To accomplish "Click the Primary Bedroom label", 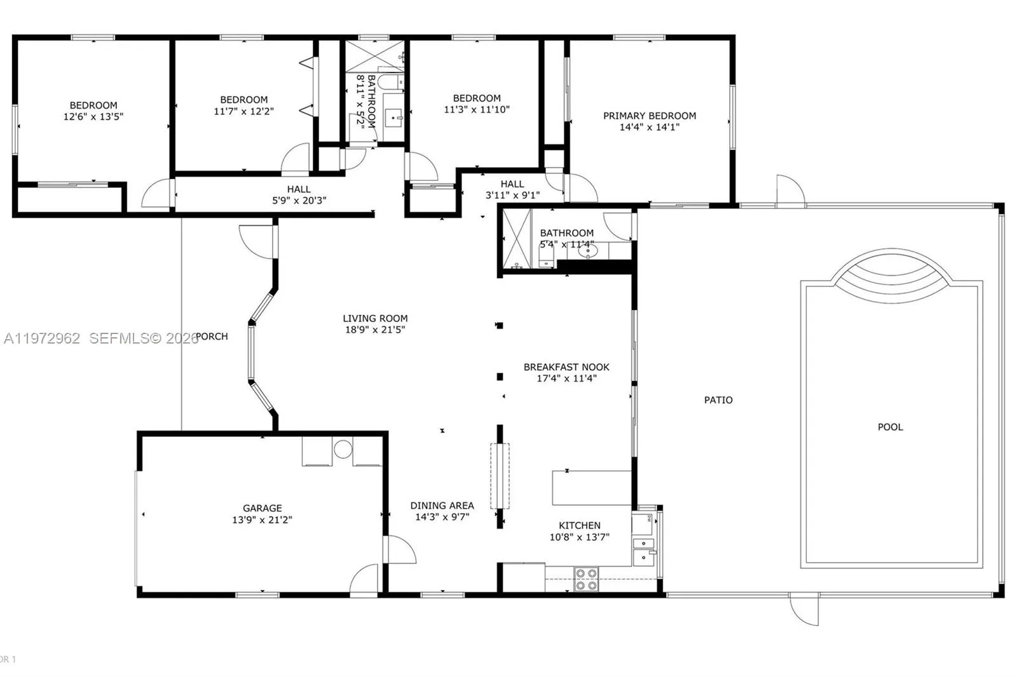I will [x=649, y=116].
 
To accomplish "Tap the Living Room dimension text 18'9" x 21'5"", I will [x=375, y=330].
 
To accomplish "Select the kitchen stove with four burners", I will [x=586, y=579].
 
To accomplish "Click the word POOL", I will [x=890, y=427].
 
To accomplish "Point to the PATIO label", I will [x=718, y=400].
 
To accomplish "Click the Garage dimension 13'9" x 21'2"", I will [x=262, y=519].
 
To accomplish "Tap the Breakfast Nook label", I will [x=566, y=367].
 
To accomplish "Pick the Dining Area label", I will [x=442, y=506].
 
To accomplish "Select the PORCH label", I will [x=212, y=337].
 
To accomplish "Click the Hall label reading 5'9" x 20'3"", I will [x=299, y=200].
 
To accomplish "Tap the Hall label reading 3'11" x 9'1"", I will [x=512, y=195].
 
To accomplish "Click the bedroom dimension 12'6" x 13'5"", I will [x=93, y=117].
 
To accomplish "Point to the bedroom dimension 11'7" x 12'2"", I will [x=243, y=111].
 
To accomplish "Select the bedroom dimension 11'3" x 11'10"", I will [x=477, y=109].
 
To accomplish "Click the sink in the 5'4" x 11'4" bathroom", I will [x=588, y=251].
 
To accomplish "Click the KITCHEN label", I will [x=579, y=525].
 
